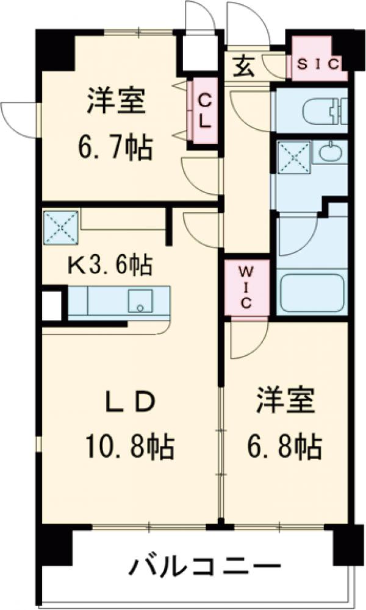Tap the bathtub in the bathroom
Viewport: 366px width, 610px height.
pos(311,294)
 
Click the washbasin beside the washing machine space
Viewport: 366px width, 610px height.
pos(330,152)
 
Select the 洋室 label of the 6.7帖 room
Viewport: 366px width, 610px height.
pos(115,101)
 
